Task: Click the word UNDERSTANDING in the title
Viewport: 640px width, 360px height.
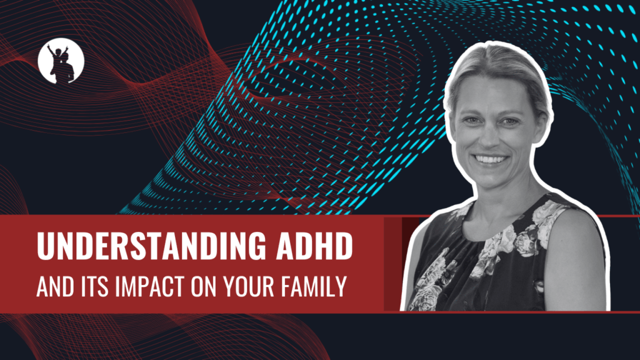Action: pos(151,246)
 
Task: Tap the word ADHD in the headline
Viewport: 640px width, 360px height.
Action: pos(314,246)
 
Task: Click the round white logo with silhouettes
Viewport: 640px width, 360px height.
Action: pos(61,61)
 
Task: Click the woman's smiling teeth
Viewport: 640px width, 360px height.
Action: pos(491,159)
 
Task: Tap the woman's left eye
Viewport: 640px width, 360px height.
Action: pos(510,122)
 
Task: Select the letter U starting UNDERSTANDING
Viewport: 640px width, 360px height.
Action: pos(45,246)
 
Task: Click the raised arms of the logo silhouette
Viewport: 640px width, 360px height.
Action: pos(57,50)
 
